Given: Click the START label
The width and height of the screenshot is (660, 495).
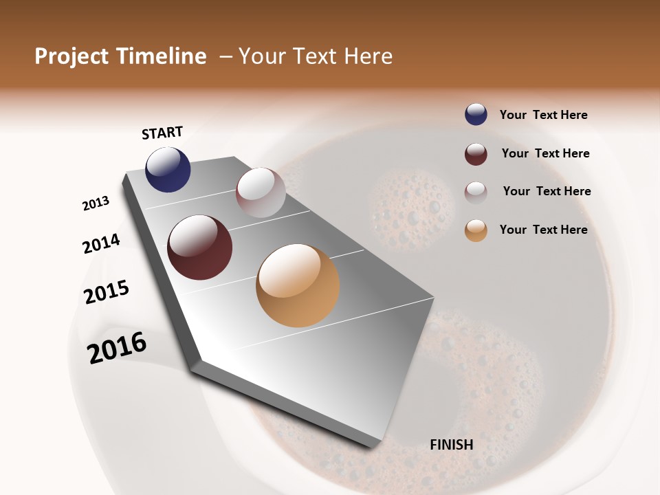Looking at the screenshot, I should (162, 133).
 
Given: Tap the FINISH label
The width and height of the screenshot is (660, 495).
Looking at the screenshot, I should (451, 445).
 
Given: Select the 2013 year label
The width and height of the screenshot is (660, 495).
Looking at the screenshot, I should (96, 203).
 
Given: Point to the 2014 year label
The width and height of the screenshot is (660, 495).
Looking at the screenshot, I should (101, 243).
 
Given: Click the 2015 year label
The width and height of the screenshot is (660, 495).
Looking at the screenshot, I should (107, 292).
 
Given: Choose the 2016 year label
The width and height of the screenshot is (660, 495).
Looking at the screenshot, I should (117, 347).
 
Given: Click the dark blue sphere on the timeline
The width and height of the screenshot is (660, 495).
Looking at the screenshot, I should (168, 169).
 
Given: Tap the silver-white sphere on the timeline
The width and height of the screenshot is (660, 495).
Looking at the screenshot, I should (261, 192).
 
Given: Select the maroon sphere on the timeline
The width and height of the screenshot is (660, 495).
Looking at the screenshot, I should (199, 247).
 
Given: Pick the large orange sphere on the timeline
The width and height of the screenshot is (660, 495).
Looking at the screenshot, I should (298, 285).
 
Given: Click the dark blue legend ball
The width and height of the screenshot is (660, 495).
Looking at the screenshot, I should (476, 115).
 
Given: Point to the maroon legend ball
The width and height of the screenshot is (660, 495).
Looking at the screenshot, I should (476, 154).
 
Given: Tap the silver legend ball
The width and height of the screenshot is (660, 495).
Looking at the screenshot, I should (476, 192).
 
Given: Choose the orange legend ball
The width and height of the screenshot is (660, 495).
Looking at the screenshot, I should (476, 230).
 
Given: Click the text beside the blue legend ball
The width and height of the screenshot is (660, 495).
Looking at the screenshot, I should (543, 115).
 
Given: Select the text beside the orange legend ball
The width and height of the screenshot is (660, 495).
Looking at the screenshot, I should (543, 230).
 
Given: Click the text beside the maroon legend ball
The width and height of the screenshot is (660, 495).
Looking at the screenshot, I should (545, 153).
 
